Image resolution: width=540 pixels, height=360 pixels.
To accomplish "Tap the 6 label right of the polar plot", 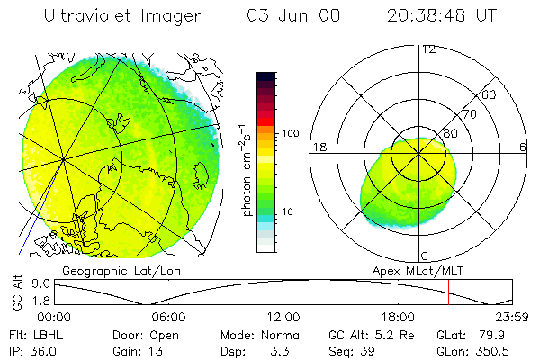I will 523,147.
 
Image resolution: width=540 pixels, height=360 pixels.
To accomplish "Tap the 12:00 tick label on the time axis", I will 283,318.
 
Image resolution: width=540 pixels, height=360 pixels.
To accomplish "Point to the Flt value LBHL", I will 47,335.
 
